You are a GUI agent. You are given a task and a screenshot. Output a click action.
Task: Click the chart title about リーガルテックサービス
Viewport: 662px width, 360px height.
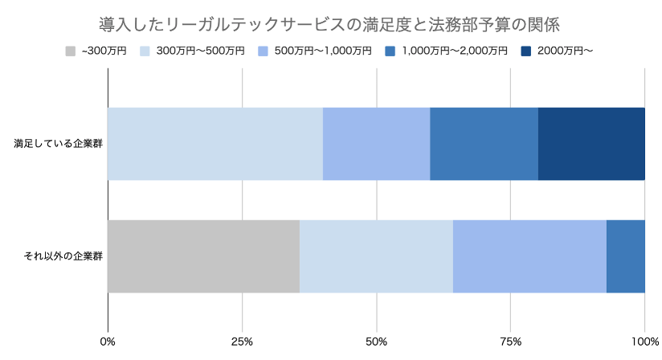(331, 20)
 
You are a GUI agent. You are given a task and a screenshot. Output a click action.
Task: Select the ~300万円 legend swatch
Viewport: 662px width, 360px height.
(71, 51)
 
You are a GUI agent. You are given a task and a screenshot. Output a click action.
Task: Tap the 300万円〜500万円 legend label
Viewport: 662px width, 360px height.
(200, 51)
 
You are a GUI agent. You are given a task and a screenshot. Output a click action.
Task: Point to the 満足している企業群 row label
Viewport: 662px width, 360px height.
(57, 145)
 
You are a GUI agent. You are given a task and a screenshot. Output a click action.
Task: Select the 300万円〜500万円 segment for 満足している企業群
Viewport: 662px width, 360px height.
(215, 144)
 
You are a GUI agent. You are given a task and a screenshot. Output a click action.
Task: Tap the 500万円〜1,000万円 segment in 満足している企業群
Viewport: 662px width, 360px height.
(376, 144)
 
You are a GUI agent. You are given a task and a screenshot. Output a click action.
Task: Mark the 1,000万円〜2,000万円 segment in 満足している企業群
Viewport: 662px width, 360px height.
(484, 144)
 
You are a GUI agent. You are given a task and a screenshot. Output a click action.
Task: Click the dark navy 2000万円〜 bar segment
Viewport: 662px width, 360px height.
(591, 144)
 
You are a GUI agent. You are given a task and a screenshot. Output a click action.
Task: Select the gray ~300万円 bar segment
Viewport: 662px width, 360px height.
(203, 256)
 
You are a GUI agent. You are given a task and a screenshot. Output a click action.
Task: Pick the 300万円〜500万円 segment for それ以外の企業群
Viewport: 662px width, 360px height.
(376, 256)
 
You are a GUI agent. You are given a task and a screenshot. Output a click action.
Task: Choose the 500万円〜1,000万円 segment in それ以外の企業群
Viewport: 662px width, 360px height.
(529, 256)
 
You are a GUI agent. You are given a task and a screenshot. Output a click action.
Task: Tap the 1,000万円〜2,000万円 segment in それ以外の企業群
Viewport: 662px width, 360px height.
(625, 256)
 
